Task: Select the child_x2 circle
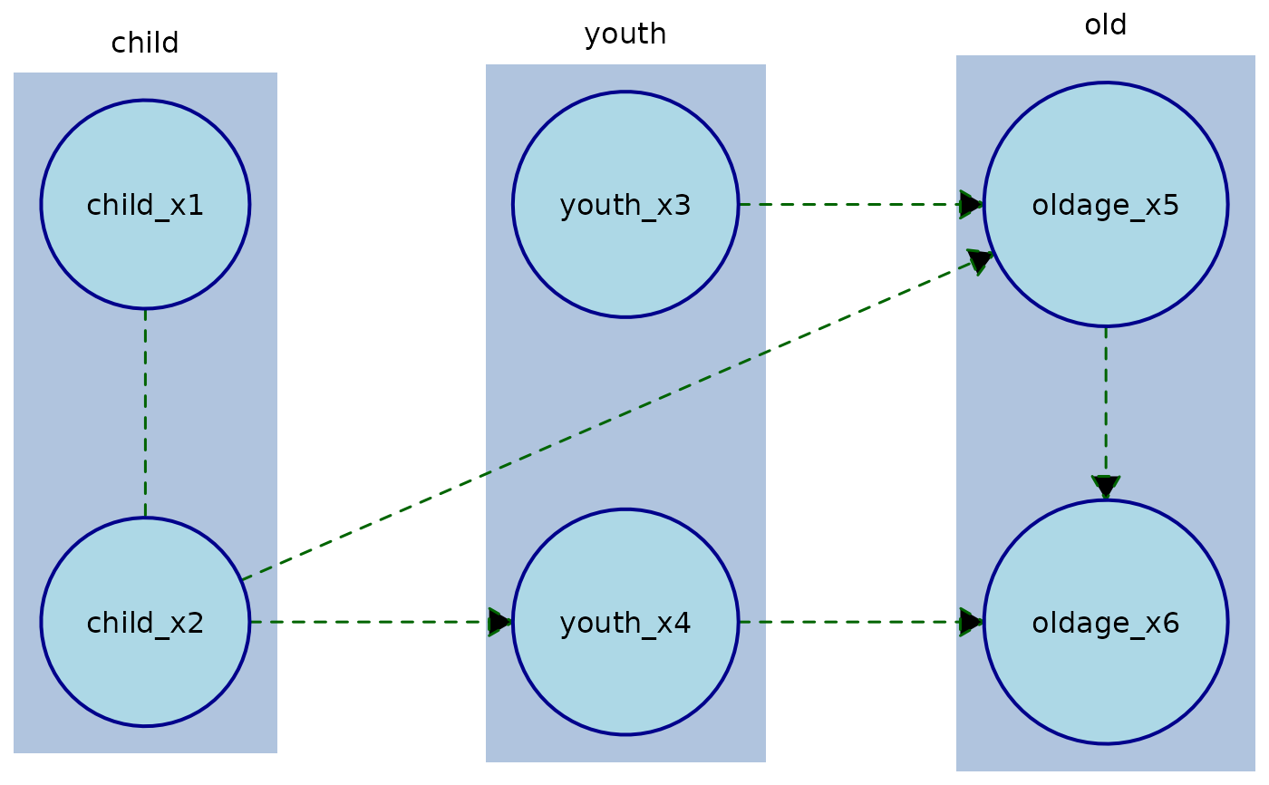[145, 671]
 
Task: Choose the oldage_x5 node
[1106, 263]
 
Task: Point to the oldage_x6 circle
[1106, 680]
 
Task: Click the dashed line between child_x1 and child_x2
[145, 412]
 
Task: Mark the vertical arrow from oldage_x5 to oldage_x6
[1106, 399]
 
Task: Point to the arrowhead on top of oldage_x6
[1106, 487]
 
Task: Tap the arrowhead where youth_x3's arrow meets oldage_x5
[971, 205]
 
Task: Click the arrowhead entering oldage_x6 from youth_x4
[971, 622]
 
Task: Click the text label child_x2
[145, 624]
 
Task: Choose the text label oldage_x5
[1106, 207]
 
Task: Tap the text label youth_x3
[625, 207]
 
